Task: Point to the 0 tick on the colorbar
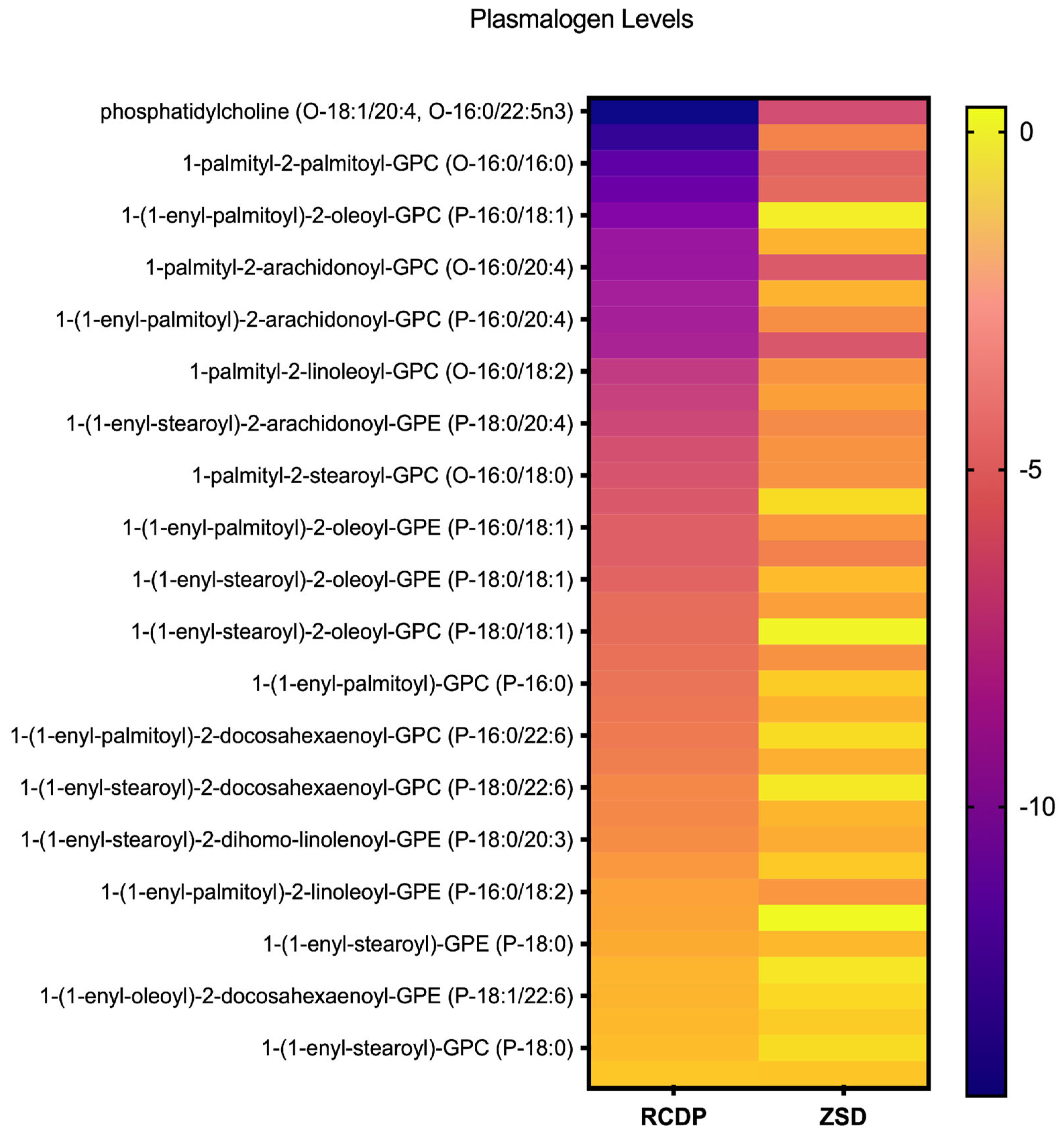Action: pyautogui.click(x=1026, y=132)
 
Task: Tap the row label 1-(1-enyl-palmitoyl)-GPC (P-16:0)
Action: pyautogui.click(x=413, y=684)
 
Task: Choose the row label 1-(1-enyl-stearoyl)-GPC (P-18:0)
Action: pyautogui.click(x=417, y=1048)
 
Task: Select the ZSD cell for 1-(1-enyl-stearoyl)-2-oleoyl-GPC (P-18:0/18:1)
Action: pyautogui.click(x=843, y=632)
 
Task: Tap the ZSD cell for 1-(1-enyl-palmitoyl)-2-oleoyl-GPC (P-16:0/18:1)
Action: pyautogui.click(x=843, y=215)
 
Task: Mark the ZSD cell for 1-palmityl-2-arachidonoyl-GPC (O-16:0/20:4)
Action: pyautogui.click(x=843, y=267)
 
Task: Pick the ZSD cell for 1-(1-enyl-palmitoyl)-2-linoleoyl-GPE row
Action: pyautogui.click(x=843, y=892)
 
